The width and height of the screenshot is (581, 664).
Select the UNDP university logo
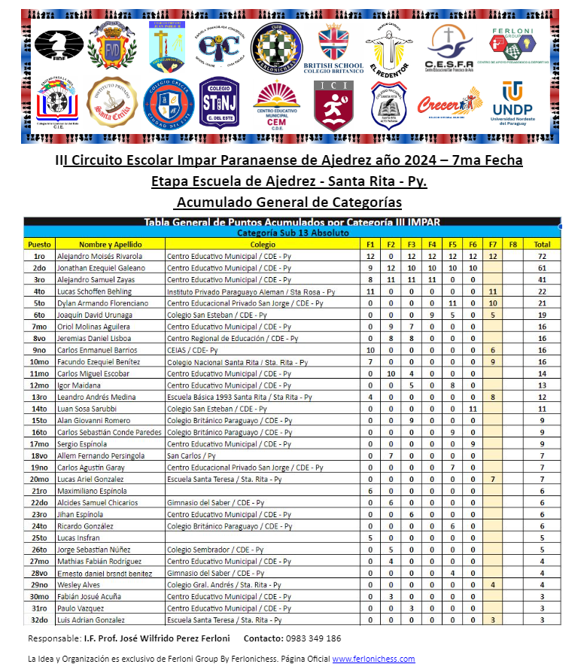(512, 103)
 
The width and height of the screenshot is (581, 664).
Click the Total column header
(541, 244)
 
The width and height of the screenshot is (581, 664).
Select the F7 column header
(492, 244)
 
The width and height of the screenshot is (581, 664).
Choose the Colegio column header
(263, 244)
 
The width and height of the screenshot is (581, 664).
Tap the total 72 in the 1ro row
(541, 256)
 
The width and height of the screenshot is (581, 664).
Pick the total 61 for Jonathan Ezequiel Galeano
(541, 268)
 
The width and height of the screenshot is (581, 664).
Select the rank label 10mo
(39, 361)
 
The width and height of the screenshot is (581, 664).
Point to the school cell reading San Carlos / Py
(191, 455)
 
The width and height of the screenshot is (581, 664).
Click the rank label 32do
(39, 620)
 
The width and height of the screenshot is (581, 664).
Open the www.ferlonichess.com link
(373, 659)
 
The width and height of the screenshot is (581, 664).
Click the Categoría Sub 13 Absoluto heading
(292, 233)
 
